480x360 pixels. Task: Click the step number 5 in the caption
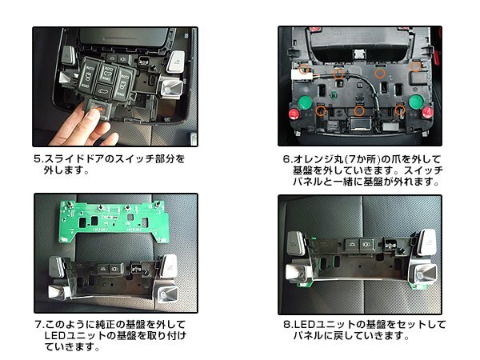tap(37, 159)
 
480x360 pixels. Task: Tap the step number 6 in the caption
tap(286, 159)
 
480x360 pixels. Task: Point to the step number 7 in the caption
tap(38, 325)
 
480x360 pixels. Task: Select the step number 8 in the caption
tap(287, 325)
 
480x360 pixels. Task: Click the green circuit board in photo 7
tap(114, 221)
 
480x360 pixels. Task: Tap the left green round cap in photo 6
tap(304, 102)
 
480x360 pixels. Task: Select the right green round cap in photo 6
tap(416, 102)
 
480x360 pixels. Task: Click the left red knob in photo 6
tap(294, 114)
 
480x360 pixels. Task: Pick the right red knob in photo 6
tap(427, 112)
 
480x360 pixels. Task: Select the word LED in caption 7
tap(54, 335)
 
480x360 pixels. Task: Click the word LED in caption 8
tap(305, 325)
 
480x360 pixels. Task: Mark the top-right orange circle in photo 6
tap(416, 66)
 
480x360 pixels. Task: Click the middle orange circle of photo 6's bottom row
tap(359, 110)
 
